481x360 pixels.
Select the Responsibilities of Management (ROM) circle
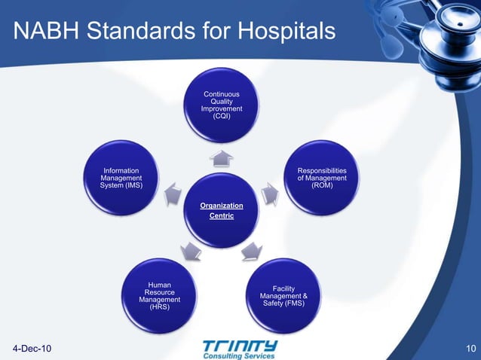coord(322,178)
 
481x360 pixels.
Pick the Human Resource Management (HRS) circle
coord(159,296)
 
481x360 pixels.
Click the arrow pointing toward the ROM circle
coord(271,194)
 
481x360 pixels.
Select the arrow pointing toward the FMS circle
coord(251,252)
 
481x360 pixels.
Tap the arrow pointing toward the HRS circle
coord(191,252)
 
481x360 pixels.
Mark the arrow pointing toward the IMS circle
coord(172,194)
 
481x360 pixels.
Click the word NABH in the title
coord(44,32)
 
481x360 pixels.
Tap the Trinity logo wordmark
coord(240,345)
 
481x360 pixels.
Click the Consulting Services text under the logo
coord(240,355)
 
